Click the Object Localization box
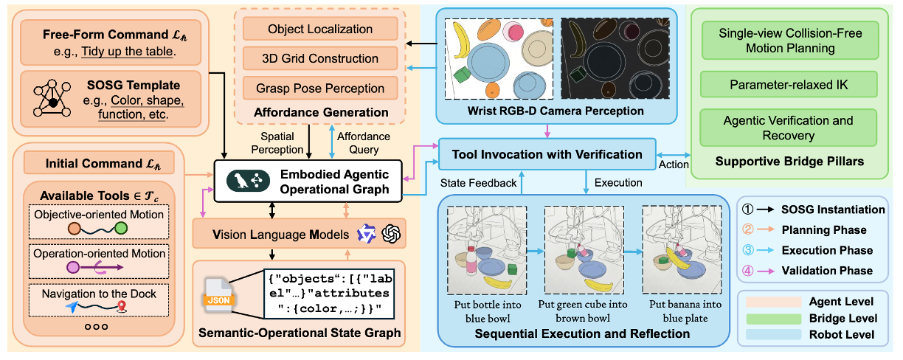(320, 29)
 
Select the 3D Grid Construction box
(320, 58)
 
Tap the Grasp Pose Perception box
(320, 89)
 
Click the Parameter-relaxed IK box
(789, 85)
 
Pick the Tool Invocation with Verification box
(547, 154)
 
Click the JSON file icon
(218, 295)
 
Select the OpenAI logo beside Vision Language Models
(390, 234)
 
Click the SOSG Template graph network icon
(52, 98)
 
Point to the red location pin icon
(121, 306)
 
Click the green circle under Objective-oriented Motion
(121, 229)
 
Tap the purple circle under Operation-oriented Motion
(73, 267)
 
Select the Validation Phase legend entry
(807, 271)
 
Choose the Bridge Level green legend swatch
(773, 319)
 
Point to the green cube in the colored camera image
(462, 75)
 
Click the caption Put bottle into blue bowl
(488, 311)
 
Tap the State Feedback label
(478, 183)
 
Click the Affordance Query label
(364, 142)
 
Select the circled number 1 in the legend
(747, 210)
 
